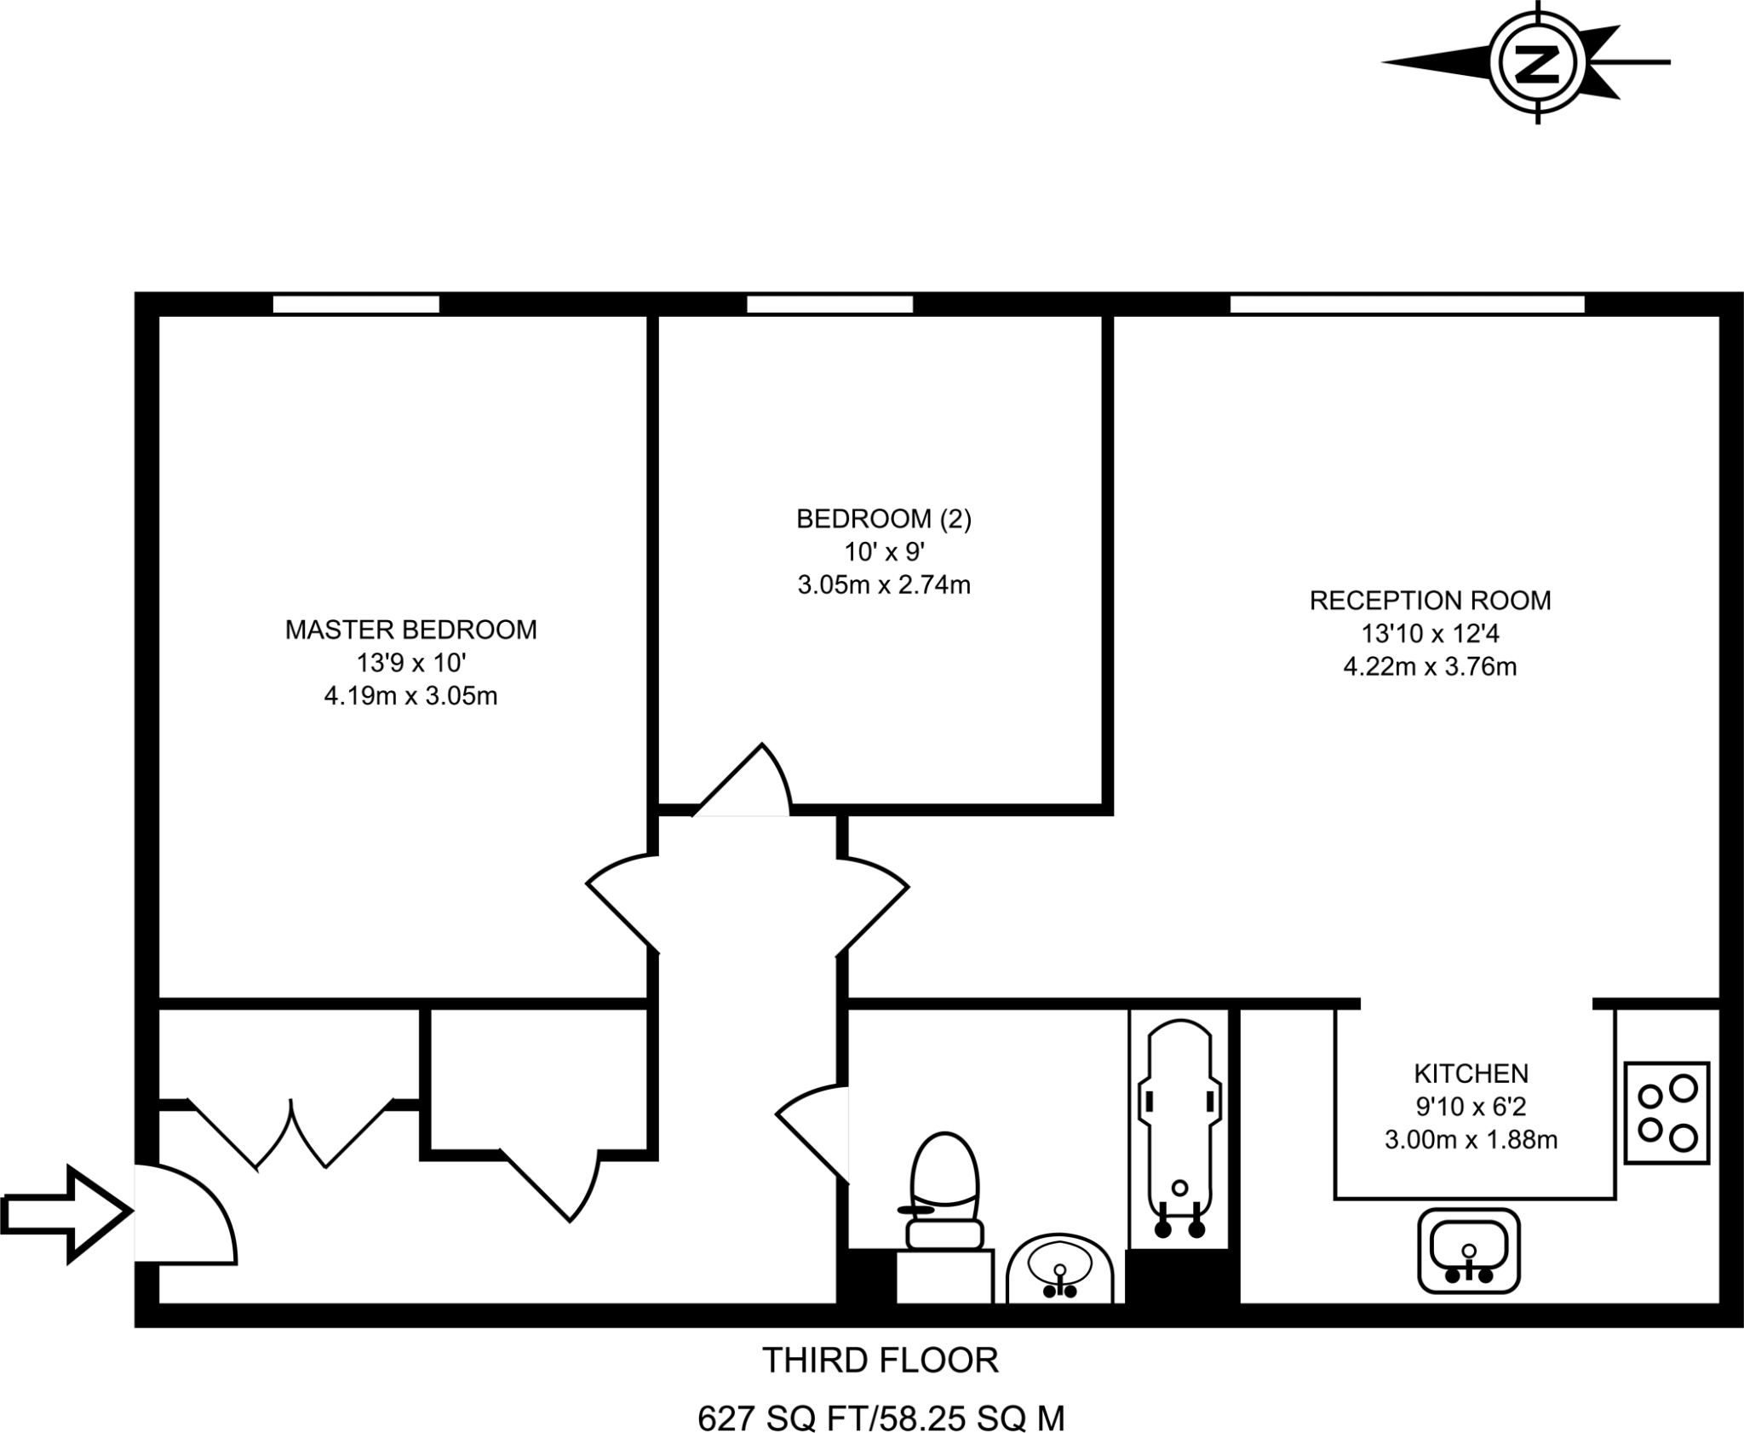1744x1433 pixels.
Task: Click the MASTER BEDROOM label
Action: click(410, 630)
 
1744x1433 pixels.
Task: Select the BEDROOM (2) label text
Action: click(883, 519)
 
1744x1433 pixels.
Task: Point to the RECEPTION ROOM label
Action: click(1430, 601)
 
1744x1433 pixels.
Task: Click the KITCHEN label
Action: click(1471, 1073)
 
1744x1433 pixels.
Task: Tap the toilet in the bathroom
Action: click(944, 1193)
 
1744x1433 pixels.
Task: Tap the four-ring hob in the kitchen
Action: click(1667, 1113)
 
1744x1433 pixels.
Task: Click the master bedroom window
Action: click(356, 304)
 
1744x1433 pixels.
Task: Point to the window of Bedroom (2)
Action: click(829, 304)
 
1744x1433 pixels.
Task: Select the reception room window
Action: click(1407, 304)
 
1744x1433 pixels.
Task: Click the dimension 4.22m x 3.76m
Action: click(1430, 666)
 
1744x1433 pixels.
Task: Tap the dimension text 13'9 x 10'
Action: click(410, 663)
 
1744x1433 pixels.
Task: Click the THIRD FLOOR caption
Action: click(880, 1361)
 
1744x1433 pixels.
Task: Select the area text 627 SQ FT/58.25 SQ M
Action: click(881, 1419)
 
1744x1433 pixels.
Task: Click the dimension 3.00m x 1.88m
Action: click(1471, 1139)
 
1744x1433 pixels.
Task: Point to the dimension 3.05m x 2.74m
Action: click(883, 585)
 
